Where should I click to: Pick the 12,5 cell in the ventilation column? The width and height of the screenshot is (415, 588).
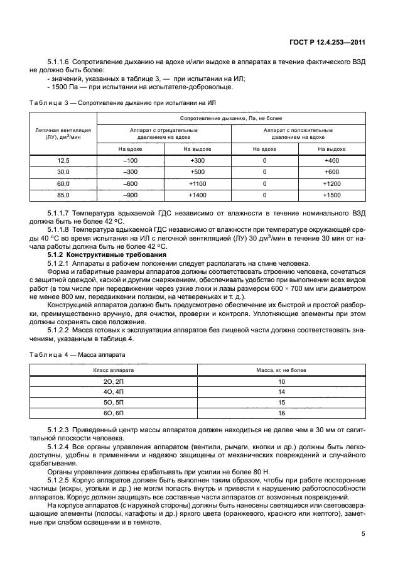point(63,161)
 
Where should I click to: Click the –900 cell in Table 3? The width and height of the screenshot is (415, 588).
point(131,196)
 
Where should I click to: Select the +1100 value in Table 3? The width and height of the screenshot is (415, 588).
point(197,185)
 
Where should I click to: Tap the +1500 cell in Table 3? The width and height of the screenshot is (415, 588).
point(331,196)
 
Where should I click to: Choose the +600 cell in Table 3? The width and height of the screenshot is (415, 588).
point(331,173)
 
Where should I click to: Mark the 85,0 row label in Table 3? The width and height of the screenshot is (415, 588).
point(63,196)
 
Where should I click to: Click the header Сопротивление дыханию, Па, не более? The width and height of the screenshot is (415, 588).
point(230,118)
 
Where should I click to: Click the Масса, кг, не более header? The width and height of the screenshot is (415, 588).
point(281,370)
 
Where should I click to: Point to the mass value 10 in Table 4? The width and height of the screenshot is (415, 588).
point(281,381)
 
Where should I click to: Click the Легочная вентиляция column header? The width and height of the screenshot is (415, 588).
point(63,133)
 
